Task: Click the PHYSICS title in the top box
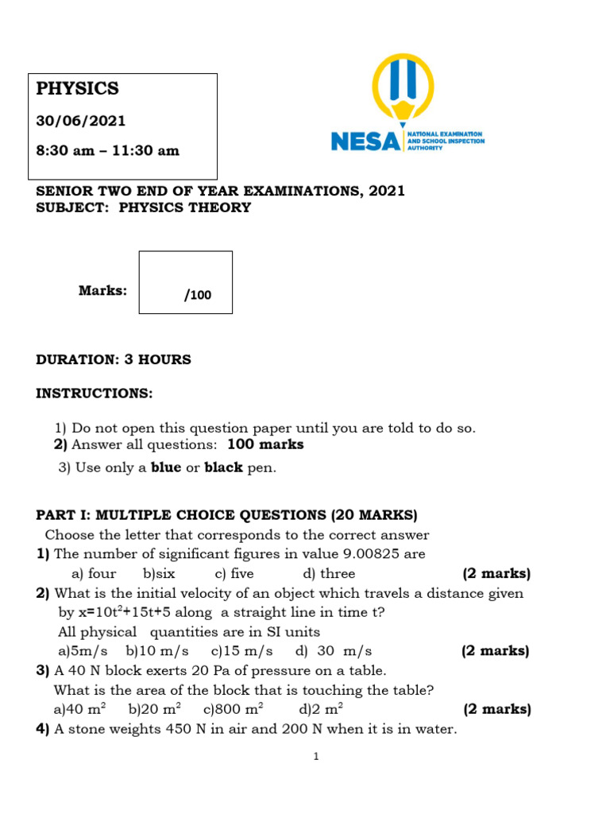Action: (x=77, y=88)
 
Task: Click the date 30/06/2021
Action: (x=80, y=122)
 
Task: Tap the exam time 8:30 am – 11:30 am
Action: (x=107, y=150)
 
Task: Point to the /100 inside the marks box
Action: (x=198, y=296)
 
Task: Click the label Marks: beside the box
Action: (x=102, y=291)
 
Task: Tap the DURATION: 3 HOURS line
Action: (x=114, y=359)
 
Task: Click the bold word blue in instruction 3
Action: (x=166, y=467)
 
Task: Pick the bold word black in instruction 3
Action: (x=224, y=467)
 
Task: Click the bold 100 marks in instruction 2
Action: (x=265, y=444)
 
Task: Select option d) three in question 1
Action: (x=329, y=573)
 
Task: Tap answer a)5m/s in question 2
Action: (x=83, y=651)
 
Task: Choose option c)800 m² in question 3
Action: (x=234, y=709)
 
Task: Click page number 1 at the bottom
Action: (x=315, y=757)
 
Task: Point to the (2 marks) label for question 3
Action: (x=496, y=709)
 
